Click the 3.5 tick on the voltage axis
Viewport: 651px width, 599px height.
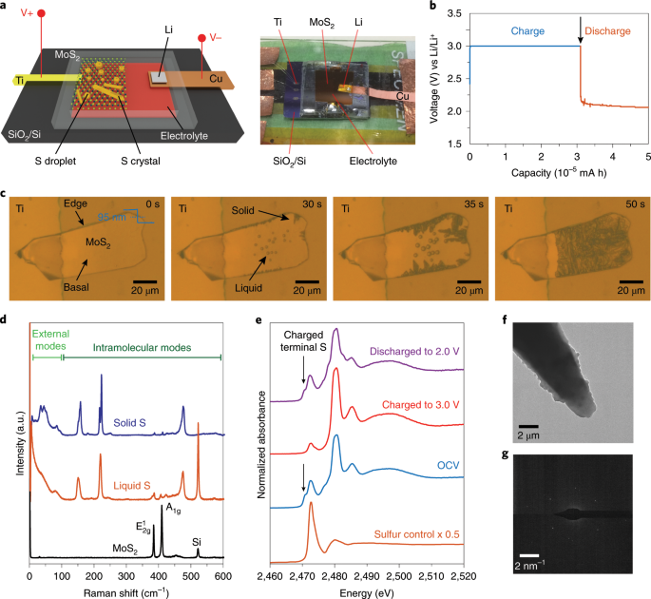[x=455, y=14]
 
